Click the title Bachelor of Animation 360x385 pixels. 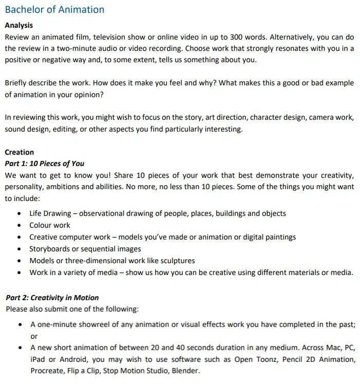point(54,10)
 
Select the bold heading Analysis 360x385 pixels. point(18,25)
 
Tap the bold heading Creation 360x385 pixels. point(19,152)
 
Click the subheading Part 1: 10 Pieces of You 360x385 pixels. point(44,163)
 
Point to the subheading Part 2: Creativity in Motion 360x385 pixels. point(52,298)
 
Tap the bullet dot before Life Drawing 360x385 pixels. point(19,213)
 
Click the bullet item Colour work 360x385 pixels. point(50,225)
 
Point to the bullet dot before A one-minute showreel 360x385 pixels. point(20,325)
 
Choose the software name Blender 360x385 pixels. point(185,371)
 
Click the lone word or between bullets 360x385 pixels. point(34,336)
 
